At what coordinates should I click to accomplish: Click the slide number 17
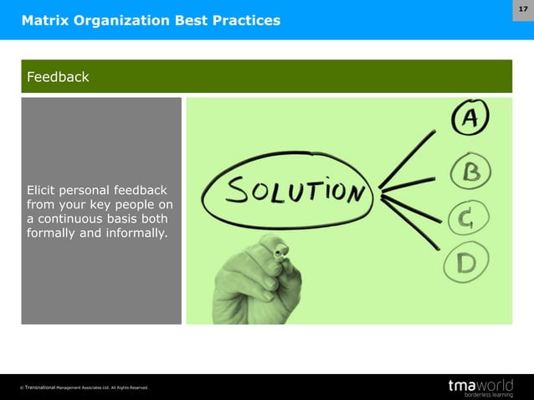pyautogui.click(x=522, y=8)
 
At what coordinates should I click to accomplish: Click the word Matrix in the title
pyautogui.click(x=45, y=19)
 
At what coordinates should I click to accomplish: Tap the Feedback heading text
pyautogui.click(x=58, y=77)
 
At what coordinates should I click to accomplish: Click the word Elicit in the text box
pyautogui.click(x=44, y=190)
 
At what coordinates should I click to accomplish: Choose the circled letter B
pyautogui.click(x=470, y=173)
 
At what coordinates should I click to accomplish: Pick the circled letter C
pyautogui.click(x=466, y=220)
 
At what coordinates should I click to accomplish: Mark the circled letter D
pyautogui.click(x=466, y=265)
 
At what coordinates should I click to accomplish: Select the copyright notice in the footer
pyautogui.click(x=85, y=387)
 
